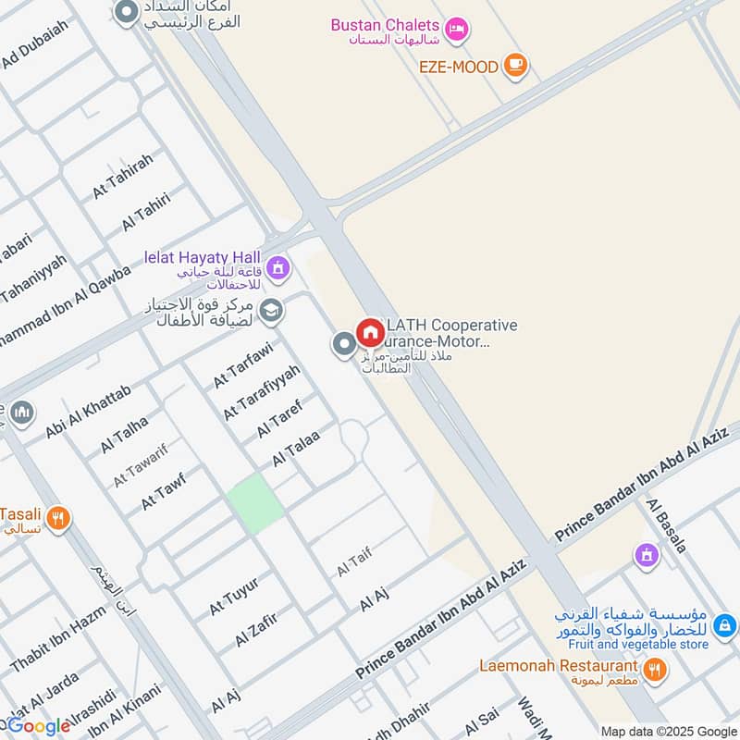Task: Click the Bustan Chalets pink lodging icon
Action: point(456,31)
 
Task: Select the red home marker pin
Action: point(370,333)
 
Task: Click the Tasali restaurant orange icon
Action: point(58,519)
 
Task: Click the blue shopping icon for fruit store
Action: point(726,626)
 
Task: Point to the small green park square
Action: point(255,502)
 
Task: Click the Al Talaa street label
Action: point(296,449)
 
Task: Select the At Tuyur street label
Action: point(233,595)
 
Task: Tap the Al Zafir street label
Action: point(256,628)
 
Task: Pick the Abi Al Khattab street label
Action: point(89,411)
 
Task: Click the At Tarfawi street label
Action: point(242,366)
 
